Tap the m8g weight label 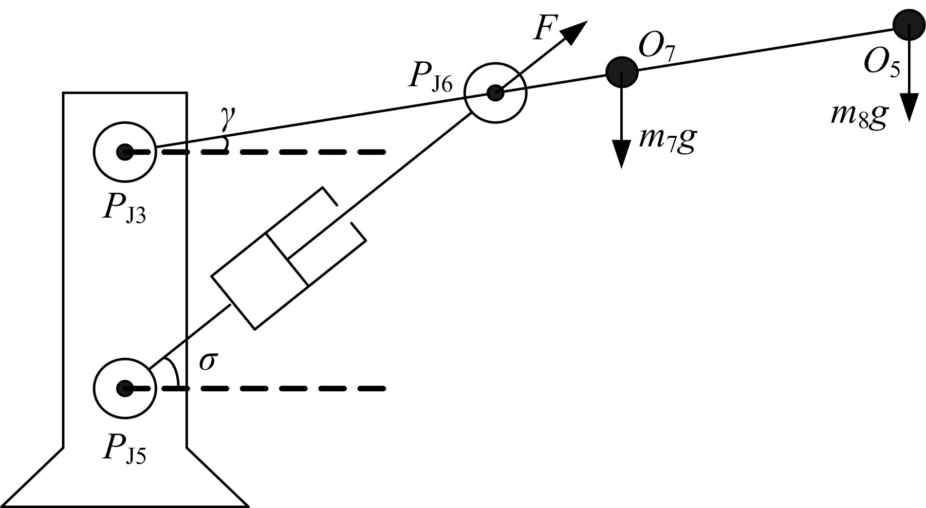(858, 115)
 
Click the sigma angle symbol (207, 362)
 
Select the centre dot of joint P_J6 (496, 92)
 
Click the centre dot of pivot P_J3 (124, 152)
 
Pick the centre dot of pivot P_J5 (124, 388)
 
